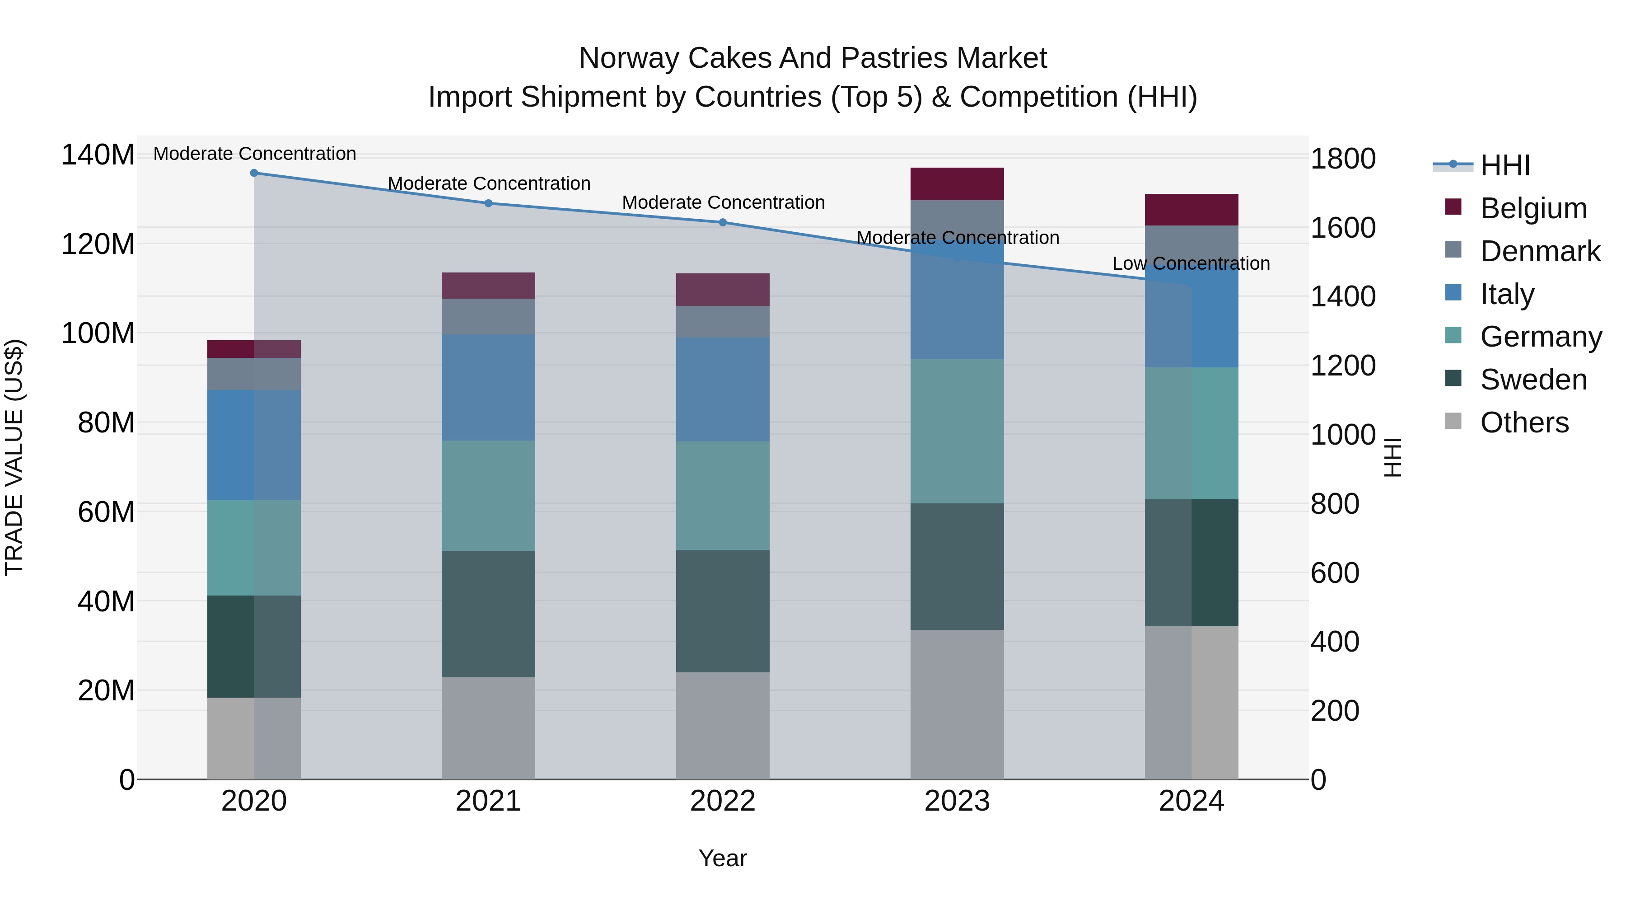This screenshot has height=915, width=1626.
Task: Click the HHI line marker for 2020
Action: click(254, 173)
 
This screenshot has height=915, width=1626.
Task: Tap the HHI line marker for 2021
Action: click(488, 203)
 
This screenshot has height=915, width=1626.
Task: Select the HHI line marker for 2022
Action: click(723, 222)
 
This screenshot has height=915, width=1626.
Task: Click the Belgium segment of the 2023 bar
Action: click(957, 184)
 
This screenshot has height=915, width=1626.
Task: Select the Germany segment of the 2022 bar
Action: click(723, 496)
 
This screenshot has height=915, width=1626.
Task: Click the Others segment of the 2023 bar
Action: click(957, 704)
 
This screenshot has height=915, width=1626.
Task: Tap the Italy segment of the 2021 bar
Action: click(488, 387)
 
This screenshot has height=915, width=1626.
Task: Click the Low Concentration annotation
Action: click(1191, 263)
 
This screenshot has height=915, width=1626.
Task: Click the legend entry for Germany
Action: click(1540, 337)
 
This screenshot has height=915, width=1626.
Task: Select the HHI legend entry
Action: click(1505, 165)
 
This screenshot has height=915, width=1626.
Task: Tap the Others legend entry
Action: click(1524, 422)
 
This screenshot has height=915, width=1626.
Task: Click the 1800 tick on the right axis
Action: click(1343, 159)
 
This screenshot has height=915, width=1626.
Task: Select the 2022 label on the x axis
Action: click(723, 801)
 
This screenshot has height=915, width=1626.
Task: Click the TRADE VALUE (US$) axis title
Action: click(14, 457)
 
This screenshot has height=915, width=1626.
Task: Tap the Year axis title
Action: click(723, 858)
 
